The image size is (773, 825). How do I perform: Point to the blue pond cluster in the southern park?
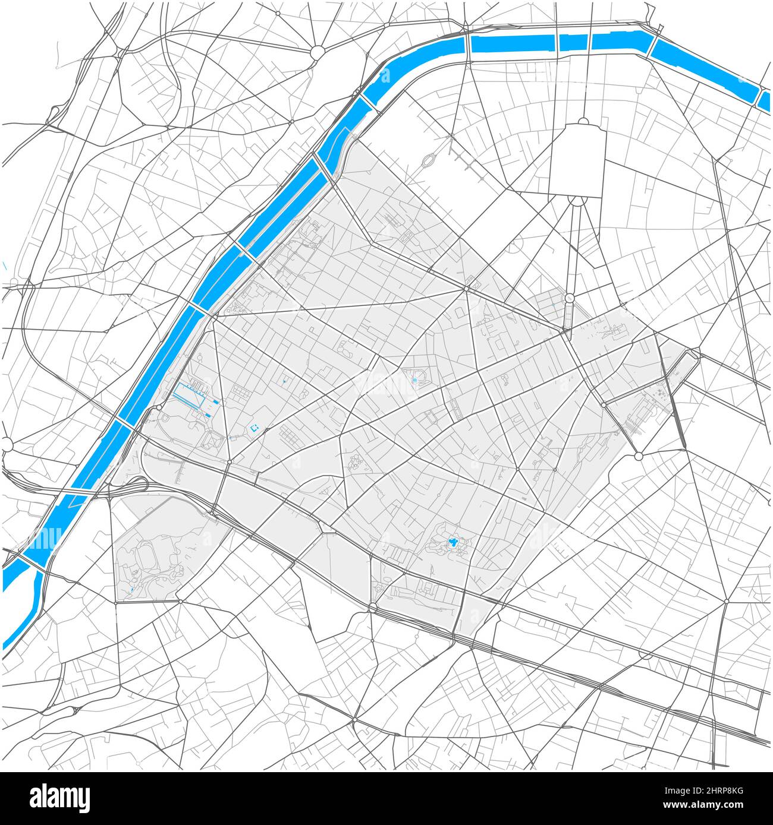tap(453, 541)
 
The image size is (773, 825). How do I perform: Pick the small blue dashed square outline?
tap(255, 427)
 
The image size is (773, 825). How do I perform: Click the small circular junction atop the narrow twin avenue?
tap(569, 298)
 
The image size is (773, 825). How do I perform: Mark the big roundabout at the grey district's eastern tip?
tap(639, 456)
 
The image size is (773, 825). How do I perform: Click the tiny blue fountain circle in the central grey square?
tap(414, 380)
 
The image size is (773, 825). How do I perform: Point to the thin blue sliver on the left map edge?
tap(4, 265)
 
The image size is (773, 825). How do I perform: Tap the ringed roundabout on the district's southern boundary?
tap(373, 607)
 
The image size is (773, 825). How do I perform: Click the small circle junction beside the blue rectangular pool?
tap(160, 407)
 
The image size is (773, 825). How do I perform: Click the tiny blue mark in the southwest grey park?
tap(132, 590)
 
